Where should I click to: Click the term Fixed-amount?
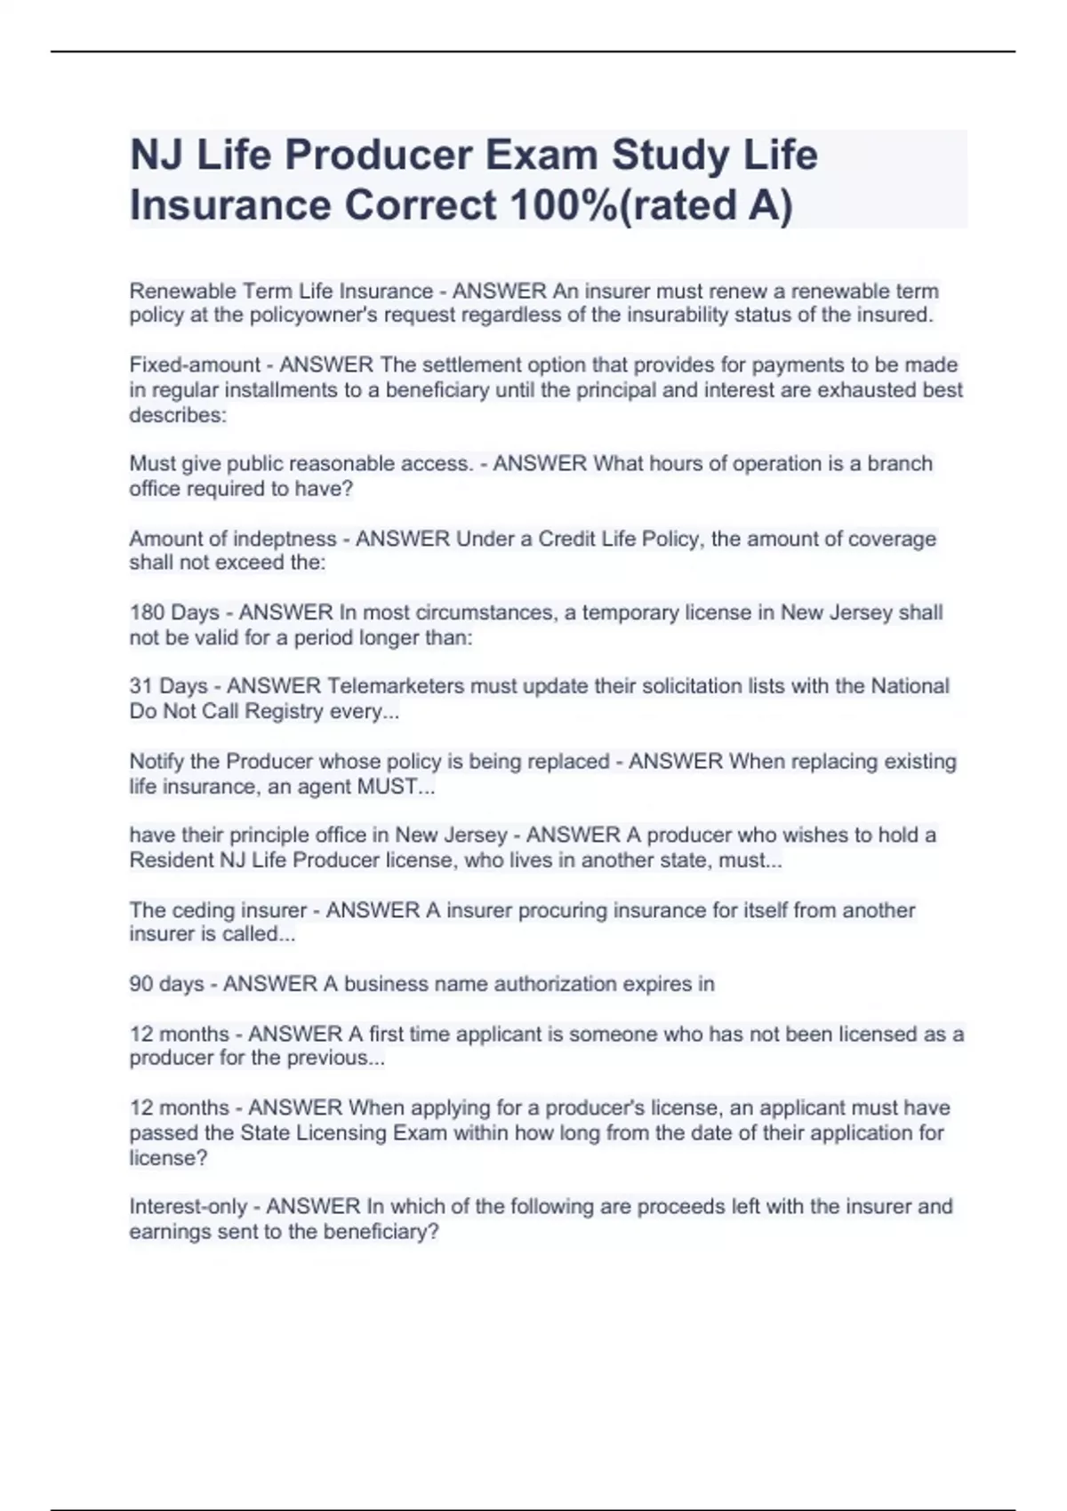click(195, 365)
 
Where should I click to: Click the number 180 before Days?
click(147, 613)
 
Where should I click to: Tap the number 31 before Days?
click(141, 687)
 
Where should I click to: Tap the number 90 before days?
click(141, 984)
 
